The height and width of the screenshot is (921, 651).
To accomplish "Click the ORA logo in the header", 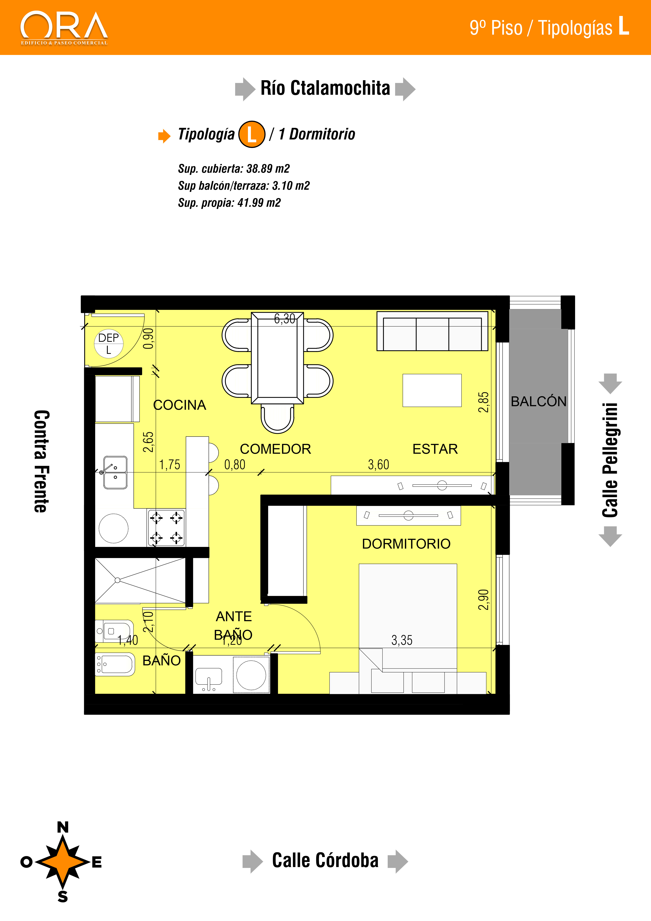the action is pos(64,28).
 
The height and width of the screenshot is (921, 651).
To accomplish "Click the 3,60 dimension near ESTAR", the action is pos(378,464).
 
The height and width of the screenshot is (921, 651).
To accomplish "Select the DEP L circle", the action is pos(109,344).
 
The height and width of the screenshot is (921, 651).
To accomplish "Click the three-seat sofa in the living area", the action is pos(432,331).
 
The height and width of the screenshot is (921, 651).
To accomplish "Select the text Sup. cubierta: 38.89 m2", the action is pos(234,169).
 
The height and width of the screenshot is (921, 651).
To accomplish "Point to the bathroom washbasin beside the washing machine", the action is pos(208,678).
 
